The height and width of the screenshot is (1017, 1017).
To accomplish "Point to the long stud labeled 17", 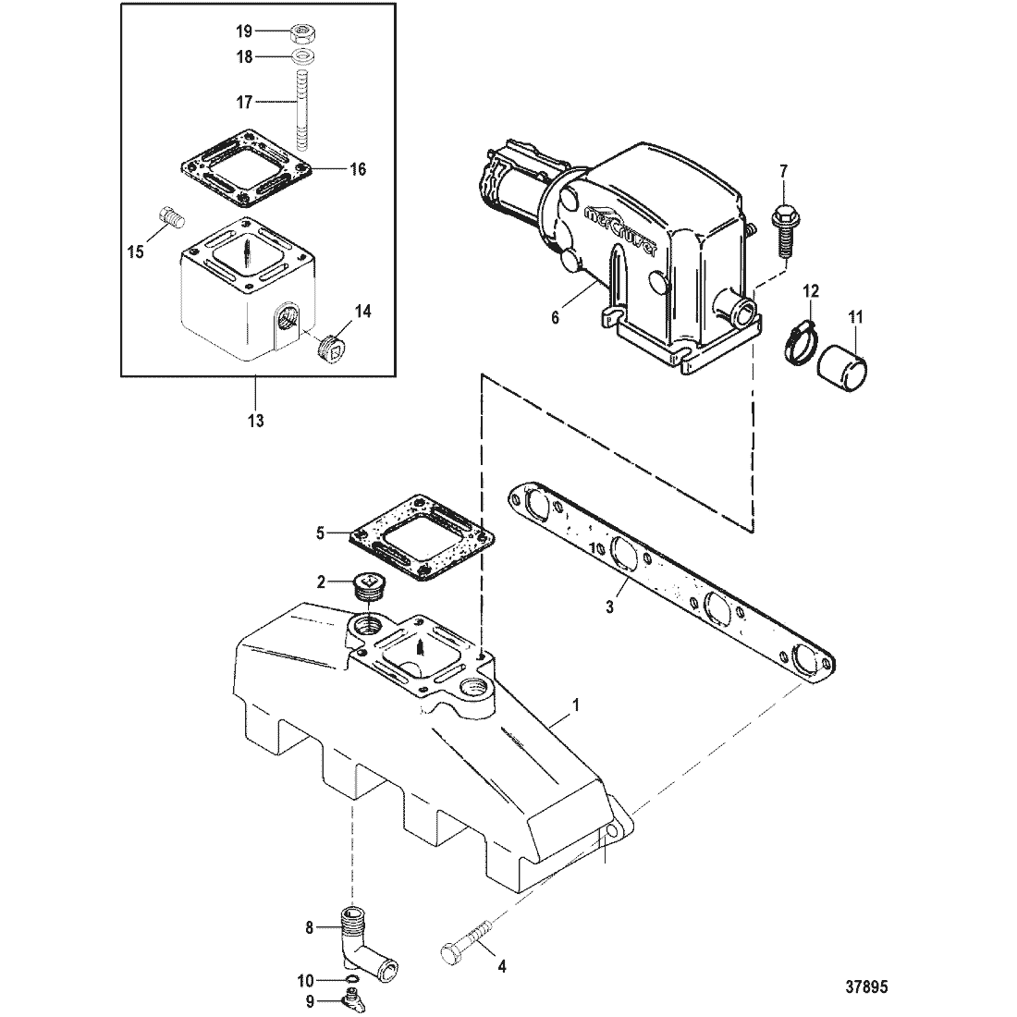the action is point(300,110).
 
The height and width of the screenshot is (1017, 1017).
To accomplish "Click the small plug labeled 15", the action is point(172,216).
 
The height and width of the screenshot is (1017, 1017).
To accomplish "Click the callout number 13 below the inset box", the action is point(255,421).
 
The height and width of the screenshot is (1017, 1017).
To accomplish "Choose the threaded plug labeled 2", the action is point(368,585).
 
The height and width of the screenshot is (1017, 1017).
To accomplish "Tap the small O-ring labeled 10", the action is point(351,979).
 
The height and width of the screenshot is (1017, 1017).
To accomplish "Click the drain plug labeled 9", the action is point(351,999).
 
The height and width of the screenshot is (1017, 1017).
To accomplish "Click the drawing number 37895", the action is point(866,987).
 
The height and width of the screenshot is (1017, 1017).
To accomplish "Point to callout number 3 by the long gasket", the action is point(609,607).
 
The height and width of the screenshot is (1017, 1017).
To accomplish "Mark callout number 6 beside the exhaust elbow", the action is point(556,318).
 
